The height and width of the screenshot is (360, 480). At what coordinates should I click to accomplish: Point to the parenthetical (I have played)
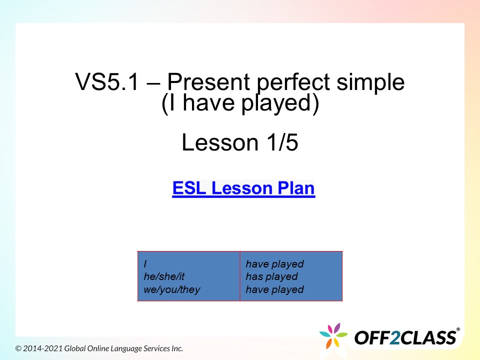click(x=240, y=104)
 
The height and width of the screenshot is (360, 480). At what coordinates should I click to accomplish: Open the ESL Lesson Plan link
click(x=243, y=189)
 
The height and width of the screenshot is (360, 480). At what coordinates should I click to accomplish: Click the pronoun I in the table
click(x=145, y=264)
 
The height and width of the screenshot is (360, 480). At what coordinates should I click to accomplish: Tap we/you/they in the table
click(x=171, y=289)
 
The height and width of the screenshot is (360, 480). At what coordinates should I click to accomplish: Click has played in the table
click(x=271, y=276)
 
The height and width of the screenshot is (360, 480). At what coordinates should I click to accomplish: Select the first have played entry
click(x=274, y=264)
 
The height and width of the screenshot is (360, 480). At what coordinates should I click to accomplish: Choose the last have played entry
click(x=274, y=289)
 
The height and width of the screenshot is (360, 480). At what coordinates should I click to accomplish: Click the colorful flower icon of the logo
click(x=333, y=336)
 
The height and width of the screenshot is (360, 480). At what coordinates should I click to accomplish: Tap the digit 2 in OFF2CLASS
click(x=394, y=337)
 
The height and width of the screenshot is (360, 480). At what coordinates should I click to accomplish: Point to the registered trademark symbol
click(x=458, y=329)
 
